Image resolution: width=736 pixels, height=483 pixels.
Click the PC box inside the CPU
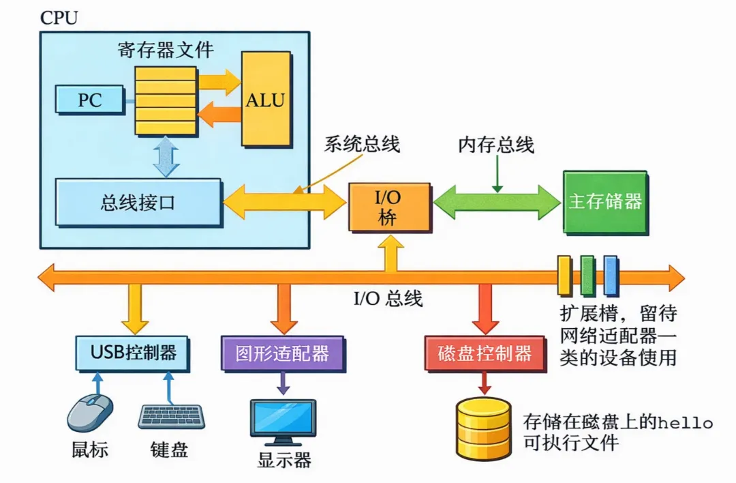click(x=89, y=100)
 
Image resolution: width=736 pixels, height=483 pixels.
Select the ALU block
click(x=265, y=100)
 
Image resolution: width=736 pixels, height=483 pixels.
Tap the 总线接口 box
click(x=138, y=203)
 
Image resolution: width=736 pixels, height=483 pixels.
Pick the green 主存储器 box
click(x=604, y=202)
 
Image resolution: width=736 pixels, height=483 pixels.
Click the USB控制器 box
click(x=132, y=353)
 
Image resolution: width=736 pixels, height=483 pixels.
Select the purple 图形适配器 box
click(x=282, y=353)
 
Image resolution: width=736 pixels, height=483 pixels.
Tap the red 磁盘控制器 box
click(x=485, y=353)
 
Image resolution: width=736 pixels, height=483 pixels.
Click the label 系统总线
click(x=361, y=145)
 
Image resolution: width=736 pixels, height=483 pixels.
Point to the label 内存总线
click(x=495, y=145)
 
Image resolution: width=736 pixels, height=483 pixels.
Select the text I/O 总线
click(x=388, y=299)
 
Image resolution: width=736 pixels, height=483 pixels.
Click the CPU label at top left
click(x=59, y=17)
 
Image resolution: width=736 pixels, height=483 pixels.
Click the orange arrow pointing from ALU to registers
click(x=219, y=113)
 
